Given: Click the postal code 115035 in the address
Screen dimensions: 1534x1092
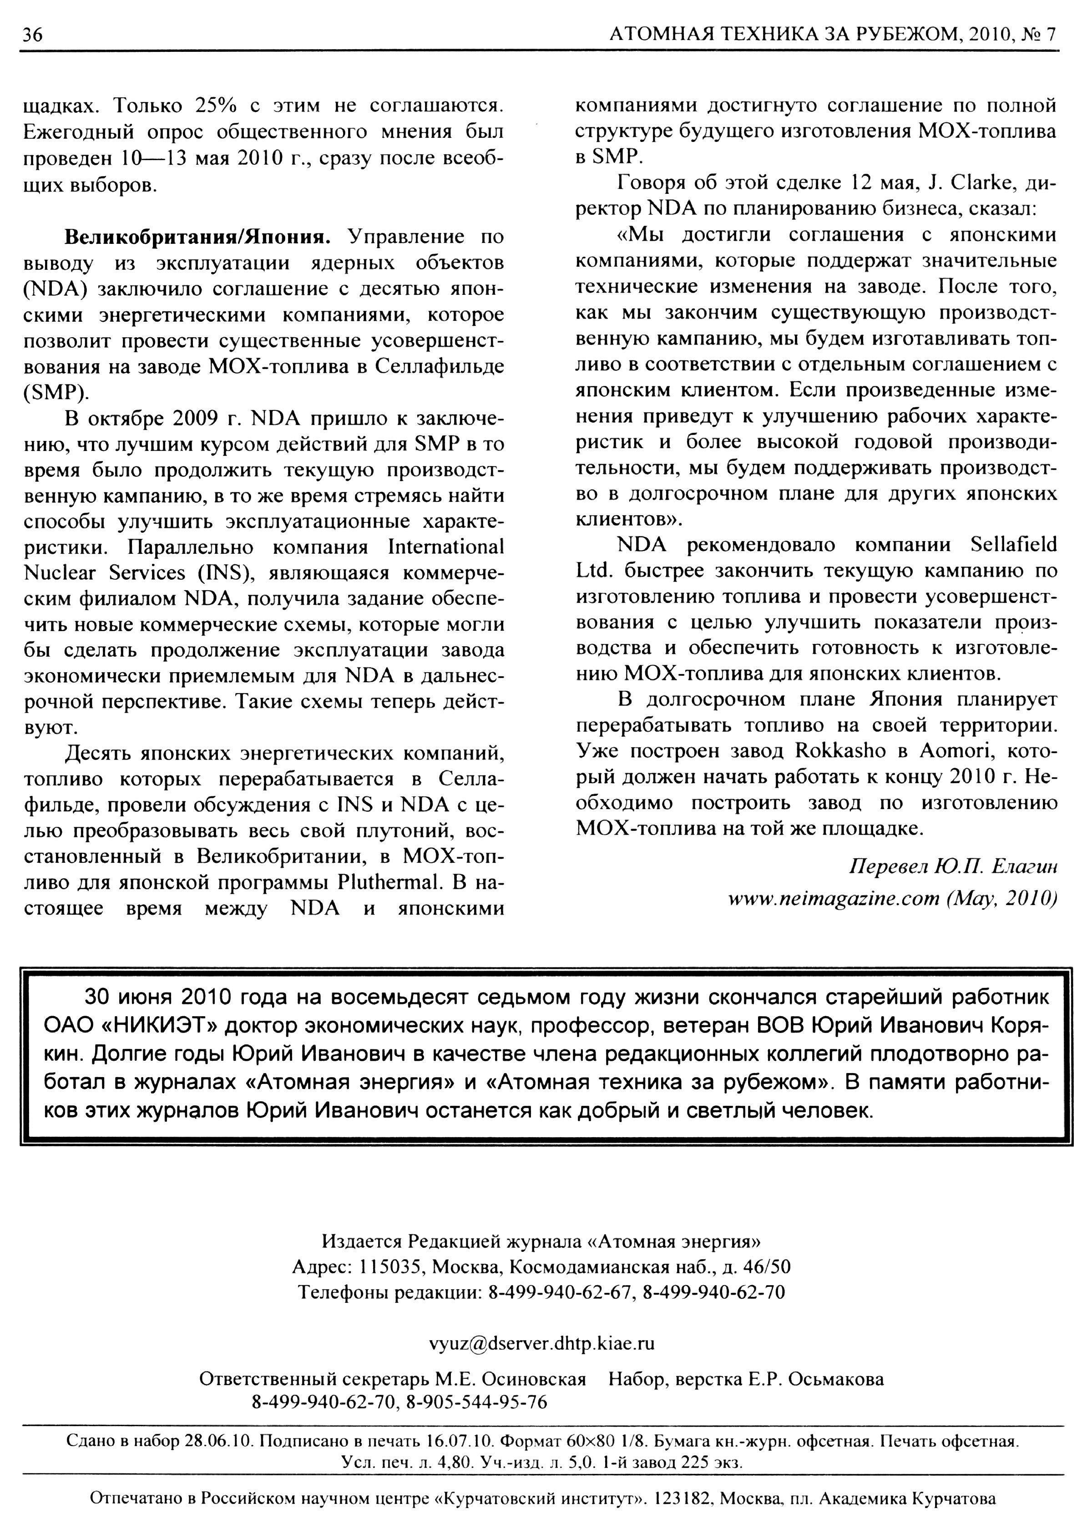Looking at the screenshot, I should coord(389,1268).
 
